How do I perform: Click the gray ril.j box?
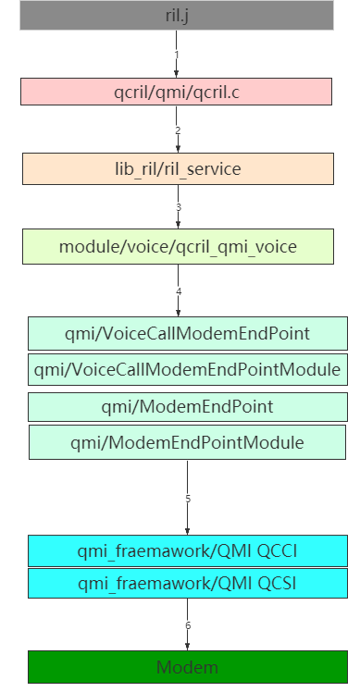click(176, 16)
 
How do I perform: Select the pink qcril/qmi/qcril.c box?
click(176, 92)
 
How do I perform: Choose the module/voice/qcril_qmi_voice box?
click(178, 246)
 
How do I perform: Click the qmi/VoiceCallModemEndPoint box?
click(187, 333)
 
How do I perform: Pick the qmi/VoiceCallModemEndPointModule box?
click(187, 370)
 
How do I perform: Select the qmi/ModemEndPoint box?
click(187, 406)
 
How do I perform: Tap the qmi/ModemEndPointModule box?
click(187, 442)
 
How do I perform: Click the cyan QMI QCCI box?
click(187, 551)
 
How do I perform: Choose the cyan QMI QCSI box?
click(187, 583)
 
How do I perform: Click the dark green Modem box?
click(187, 667)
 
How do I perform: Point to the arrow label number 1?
click(176, 54)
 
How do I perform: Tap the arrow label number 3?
click(178, 207)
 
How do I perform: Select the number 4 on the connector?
click(179, 291)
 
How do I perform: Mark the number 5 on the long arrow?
click(188, 499)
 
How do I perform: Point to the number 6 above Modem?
click(188, 626)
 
